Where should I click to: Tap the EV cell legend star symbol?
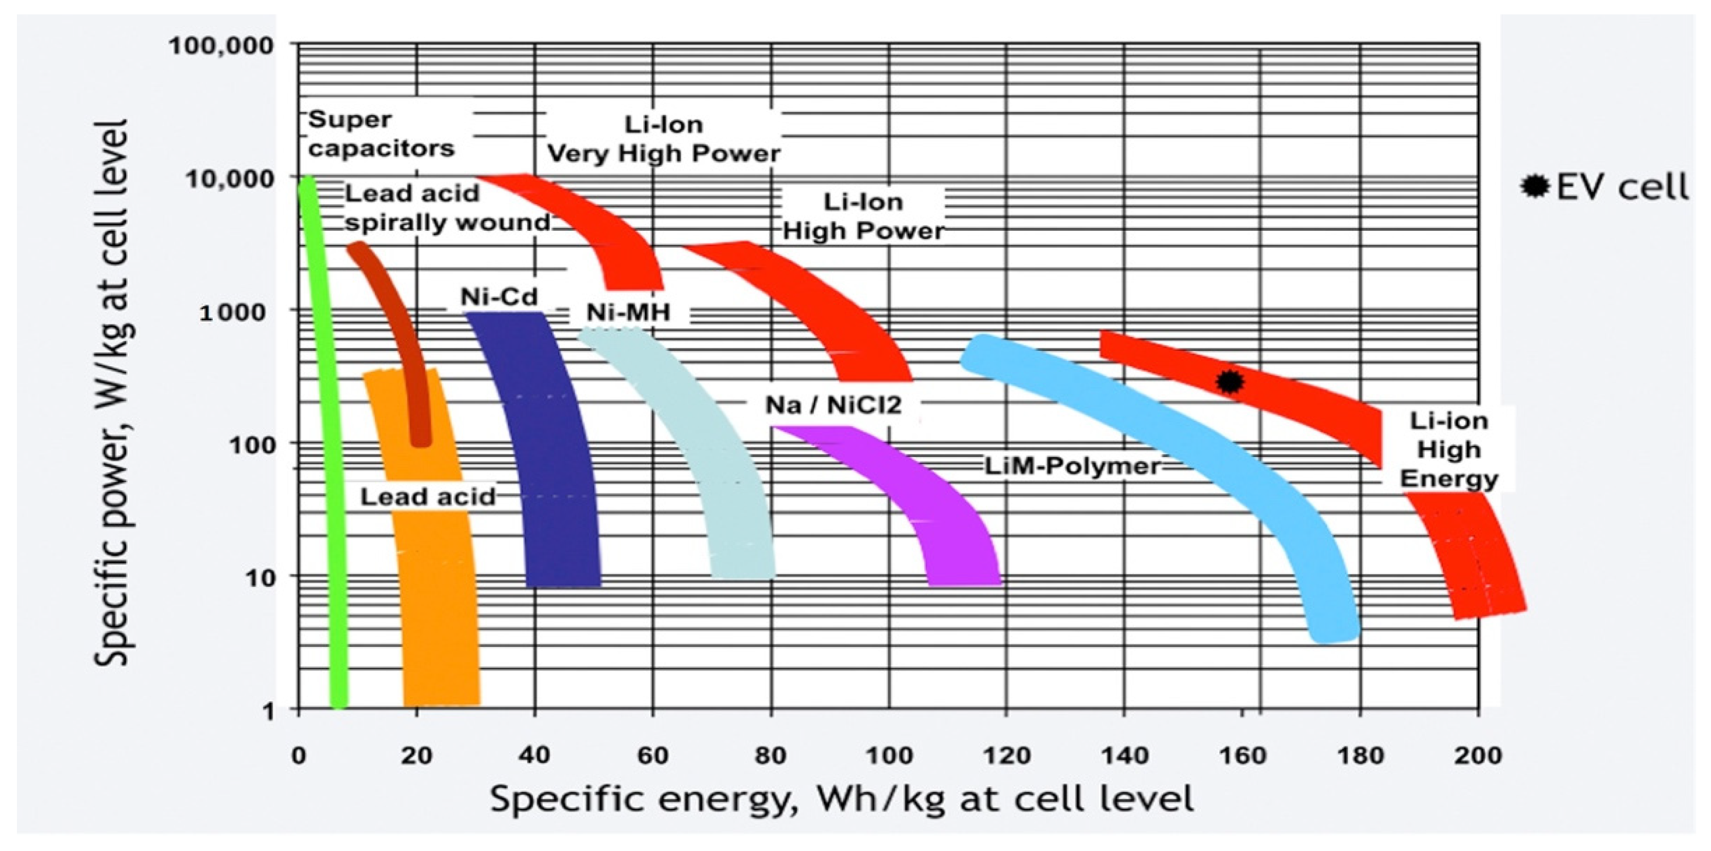[x=1535, y=187]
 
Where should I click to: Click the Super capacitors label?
[x=381, y=133]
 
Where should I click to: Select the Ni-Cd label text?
[x=499, y=296]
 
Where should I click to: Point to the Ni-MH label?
[x=628, y=311]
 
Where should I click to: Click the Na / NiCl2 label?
[x=833, y=404]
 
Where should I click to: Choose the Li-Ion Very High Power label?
[x=663, y=139]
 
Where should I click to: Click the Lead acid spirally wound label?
[x=446, y=207]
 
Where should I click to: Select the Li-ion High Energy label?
[x=1448, y=450]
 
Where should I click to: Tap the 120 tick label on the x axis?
[x=1006, y=756]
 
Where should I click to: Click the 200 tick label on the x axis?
[x=1477, y=756]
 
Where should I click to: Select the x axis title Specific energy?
[x=841, y=798]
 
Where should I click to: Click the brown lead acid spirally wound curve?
[x=399, y=319]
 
